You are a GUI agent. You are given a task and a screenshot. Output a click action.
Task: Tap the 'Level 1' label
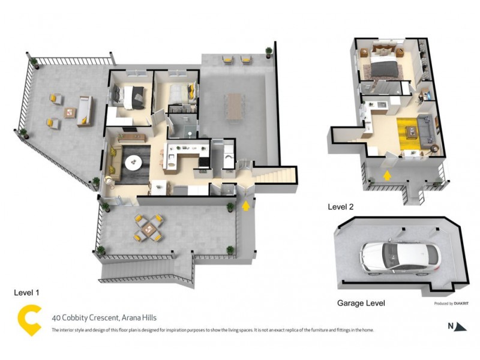point(26,292)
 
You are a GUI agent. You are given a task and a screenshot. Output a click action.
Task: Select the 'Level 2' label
point(340,207)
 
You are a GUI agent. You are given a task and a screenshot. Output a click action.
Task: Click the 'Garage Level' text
point(360,304)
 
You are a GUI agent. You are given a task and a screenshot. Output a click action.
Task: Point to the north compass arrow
point(460,327)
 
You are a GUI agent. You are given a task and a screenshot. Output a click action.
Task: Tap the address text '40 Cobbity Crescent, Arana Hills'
point(104,318)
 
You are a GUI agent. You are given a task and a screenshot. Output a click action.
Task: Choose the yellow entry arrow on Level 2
point(387,175)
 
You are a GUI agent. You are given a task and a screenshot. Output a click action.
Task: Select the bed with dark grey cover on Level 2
point(382,67)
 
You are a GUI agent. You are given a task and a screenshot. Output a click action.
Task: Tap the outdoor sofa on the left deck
point(85,111)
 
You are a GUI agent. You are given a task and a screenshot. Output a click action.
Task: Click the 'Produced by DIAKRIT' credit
point(450,304)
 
